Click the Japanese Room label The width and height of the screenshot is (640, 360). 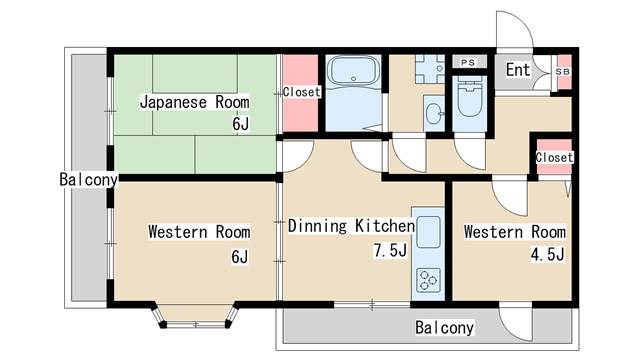194,102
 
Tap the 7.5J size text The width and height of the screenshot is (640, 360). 391,251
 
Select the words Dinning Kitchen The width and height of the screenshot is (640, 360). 350,226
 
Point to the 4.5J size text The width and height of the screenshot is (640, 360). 548,255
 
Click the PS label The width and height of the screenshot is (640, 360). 468,62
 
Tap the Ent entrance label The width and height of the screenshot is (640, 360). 518,70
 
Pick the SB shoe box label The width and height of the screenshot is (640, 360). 562,71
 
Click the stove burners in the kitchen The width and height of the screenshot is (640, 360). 427,279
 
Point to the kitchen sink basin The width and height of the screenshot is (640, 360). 427,236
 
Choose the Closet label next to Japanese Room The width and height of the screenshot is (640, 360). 301,92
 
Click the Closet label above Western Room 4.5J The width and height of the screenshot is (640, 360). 554,158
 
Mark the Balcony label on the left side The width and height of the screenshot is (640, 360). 88,181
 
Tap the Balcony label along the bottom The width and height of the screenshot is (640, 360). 445,327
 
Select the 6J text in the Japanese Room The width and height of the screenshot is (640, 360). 240,125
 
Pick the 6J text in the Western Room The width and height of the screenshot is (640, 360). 239,257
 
